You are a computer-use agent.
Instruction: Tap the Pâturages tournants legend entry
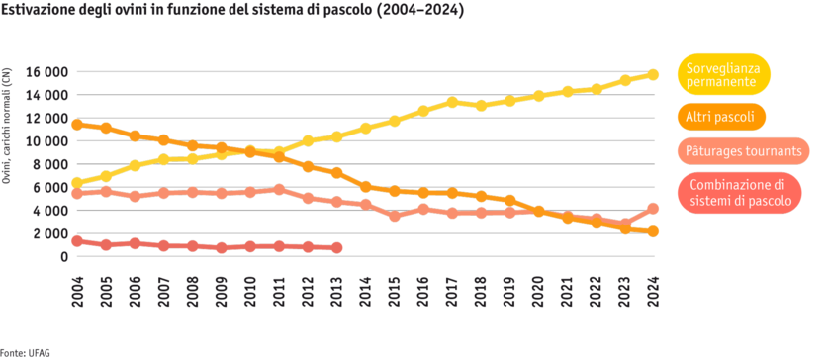[744, 151]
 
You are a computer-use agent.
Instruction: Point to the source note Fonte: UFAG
[26, 351]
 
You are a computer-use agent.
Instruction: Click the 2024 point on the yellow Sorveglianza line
[653, 74]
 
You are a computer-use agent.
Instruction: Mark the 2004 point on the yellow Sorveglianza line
[77, 182]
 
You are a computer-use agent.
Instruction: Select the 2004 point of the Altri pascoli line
[77, 125]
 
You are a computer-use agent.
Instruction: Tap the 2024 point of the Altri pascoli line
[653, 231]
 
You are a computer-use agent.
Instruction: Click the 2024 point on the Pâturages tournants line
[653, 208]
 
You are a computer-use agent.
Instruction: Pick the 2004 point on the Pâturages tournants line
[77, 194]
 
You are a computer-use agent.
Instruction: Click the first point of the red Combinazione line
[77, 240]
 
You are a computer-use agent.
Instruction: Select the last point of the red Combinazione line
[337, 247]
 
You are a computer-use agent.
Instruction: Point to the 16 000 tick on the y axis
[47, 72]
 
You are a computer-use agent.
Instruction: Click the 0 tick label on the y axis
[62, 257]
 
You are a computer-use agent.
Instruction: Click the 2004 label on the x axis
[77, 292]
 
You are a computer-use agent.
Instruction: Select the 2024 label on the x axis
[653, 292]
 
